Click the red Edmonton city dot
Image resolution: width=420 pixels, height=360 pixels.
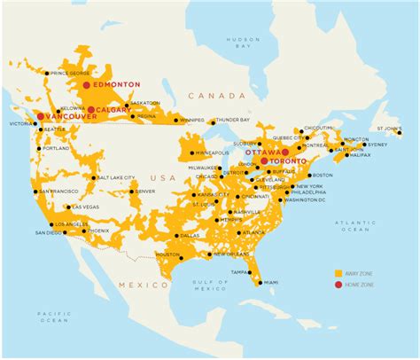click(x=86, y=84)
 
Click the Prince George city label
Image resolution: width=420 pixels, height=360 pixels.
click(x=72, y=73)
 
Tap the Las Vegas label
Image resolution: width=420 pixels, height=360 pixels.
click(x=86, y=207)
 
